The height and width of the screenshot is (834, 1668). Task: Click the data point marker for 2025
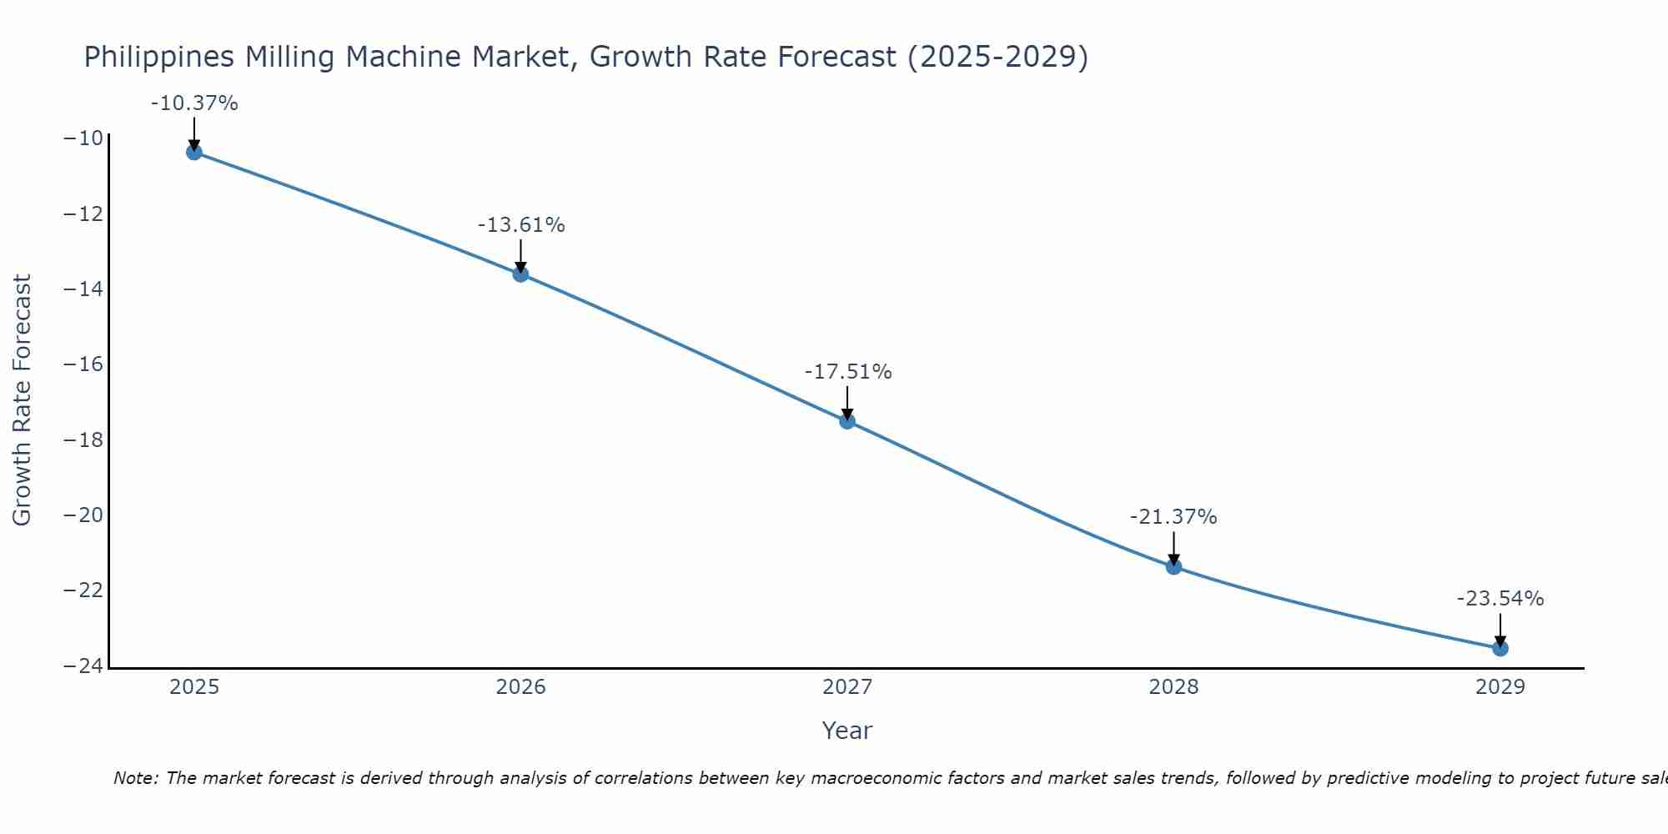pos(194,152)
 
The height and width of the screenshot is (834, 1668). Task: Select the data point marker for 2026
pos(520,274)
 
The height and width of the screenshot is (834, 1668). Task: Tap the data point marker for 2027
pos(847,421)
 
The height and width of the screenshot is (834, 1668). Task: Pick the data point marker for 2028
pos(1173,567)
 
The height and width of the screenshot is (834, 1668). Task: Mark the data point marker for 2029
pos(1500,648)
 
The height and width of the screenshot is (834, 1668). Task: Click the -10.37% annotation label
pos(194,103)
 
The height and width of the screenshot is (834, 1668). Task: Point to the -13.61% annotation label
pos(521,225)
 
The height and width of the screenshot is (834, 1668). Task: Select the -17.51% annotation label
pos(848,372)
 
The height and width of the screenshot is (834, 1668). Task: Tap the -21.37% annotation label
pos(1173,517)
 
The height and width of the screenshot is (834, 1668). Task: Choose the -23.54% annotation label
pos(1500,599)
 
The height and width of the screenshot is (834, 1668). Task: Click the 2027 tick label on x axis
pos(847,687)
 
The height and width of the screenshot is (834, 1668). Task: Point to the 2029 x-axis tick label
pos(1500,687)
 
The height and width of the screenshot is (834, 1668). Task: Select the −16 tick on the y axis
pos(83,364)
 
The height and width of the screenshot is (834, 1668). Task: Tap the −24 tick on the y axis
pos(83,666)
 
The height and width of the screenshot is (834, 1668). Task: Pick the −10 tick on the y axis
pos(83,138)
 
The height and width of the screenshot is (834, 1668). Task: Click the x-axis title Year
pos(847,731)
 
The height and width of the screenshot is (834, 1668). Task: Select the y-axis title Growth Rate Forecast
pos(22,399)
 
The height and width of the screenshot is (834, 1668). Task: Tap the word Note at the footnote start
pos(134,778)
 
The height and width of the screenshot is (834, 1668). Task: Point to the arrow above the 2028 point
pos(1173,549)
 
